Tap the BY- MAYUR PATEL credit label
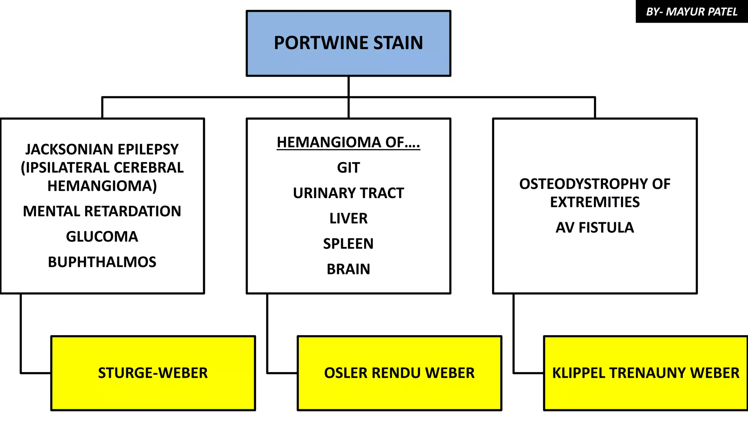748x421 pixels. click(x=691, y=12)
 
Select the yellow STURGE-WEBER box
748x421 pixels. click(x=153, y=373)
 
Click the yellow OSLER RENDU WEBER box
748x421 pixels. click(x=399, y=373)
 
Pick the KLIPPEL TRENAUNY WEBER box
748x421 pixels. click(x=645, y=373)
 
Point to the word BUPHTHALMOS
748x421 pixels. click(x=102, y=262)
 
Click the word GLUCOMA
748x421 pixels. click(x=102, y=237)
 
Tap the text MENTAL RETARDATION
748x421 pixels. click(x=102, y=211)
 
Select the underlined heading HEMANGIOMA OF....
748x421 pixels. click(x=348, y=142)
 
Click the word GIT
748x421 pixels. click(x=348, y=168)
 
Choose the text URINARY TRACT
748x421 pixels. click(x=348, y=193)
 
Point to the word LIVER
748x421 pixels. click(x=348, y=219)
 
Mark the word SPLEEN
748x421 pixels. click(x=348, y=244)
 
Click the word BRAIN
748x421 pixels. click(x=348, y=269)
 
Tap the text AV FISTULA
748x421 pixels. click(x=595, y=228)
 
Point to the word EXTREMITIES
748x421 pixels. click(x=595, y=202)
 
